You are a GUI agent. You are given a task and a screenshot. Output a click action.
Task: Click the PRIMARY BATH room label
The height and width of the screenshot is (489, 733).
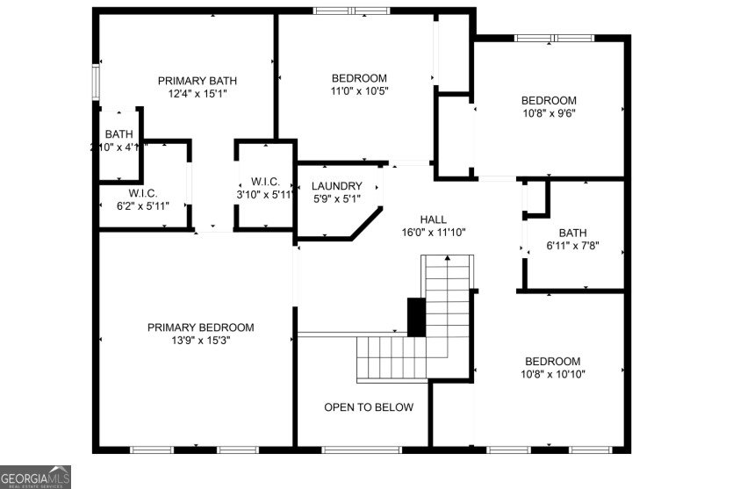(197, 81)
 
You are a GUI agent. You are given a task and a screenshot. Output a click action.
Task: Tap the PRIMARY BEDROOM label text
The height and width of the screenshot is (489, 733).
(200, 327)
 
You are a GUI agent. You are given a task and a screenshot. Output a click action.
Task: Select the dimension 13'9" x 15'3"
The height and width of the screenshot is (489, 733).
(200, 341)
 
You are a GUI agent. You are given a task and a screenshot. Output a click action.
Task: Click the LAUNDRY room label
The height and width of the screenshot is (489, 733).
(336, 186)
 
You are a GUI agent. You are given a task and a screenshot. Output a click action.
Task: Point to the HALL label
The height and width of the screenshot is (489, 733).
(433, 219)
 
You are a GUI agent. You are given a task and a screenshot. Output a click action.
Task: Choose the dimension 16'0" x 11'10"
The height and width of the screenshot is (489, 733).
(433, 233)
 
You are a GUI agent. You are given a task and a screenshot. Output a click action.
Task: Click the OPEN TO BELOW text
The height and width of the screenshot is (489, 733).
(369, 407)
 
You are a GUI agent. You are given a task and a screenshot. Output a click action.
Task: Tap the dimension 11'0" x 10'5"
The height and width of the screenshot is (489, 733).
(359, 90)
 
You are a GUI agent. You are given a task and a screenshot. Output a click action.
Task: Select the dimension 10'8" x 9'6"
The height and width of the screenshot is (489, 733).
(549, 112)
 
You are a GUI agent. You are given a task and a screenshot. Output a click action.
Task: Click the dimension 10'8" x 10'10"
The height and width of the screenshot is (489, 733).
(553, 374)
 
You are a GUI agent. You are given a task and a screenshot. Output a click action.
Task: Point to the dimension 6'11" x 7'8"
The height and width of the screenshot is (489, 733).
(572, 246)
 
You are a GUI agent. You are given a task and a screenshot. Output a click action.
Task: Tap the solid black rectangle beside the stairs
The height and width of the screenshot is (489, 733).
(416, 316)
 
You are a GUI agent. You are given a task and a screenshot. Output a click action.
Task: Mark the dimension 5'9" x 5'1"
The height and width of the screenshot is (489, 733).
(336, 198)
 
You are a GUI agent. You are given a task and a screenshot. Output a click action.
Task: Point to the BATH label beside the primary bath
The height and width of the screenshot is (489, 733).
(119, 134)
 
